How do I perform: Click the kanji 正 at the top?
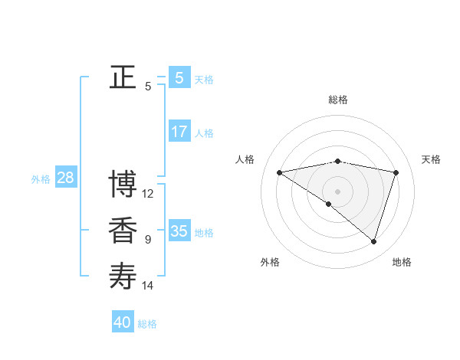coord(123,77)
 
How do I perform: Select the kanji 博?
coord(123,185)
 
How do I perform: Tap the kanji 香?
coord(123,231)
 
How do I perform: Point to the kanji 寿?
coord(123,276)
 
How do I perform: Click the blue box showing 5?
coord(179,77)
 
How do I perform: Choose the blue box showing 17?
coord(179,132)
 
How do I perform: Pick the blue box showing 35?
coord(179,231)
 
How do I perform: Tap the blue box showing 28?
coord(65,178)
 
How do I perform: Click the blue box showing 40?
coord(123,322)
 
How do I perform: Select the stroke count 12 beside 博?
coord(148,194)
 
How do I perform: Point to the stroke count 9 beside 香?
coord(148,240)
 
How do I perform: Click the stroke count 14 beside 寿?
coord(148,286)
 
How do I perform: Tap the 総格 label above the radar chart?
coord(337,100)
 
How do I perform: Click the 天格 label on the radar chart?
coord(431,159)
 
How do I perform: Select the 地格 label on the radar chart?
coord(402,262)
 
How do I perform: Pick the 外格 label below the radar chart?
coord(270,262)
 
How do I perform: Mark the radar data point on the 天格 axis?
coord(396,172)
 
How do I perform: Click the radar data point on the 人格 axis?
coord(279,172)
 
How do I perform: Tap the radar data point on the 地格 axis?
coord(373,241)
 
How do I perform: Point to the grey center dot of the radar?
coord(337,191)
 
